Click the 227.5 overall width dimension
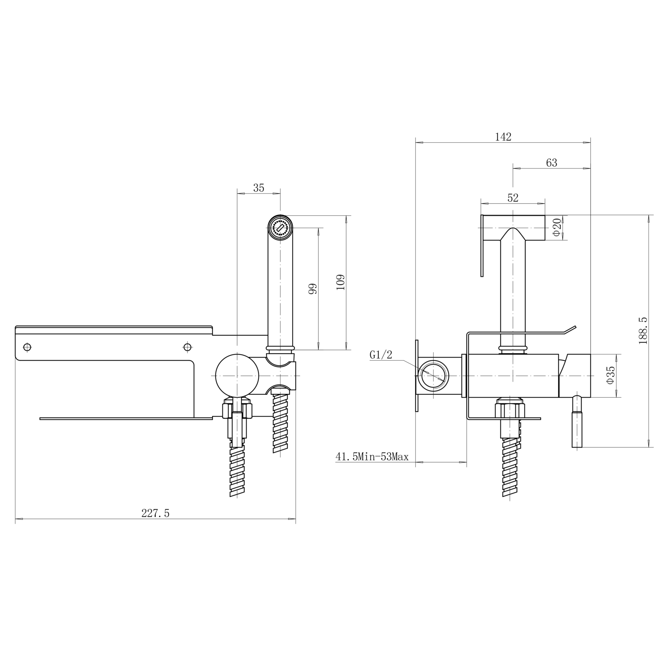pyautogui.click(x=155, y=513)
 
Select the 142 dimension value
pyautogui.click(x=503, y=137)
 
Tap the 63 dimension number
pyautogui.click(x=551, y=163)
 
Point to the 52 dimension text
pyautogui.click(x=513, y=198)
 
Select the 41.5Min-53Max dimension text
pyautogui.click(x=372, y=457)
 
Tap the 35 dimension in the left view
pyautogui.click(x=258, y=188)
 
